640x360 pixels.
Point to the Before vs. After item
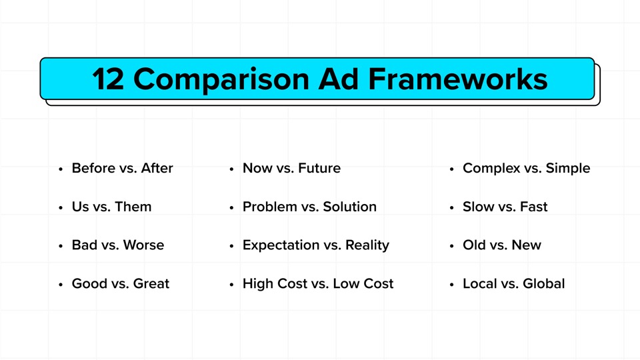tap(122, 169)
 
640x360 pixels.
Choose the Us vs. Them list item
tap(111, 207)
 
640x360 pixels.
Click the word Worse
tap(143, 245)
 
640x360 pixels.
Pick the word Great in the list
tap(151, 284)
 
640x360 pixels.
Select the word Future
tap(319, 169)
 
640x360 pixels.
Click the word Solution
tap(349, 207)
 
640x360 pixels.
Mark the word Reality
tap(367, 245)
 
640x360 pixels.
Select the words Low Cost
tap(363, 284)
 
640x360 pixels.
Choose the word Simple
tap(568, 169)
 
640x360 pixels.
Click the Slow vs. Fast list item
tap(505, 207)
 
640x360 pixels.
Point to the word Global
tap(543, 284)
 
